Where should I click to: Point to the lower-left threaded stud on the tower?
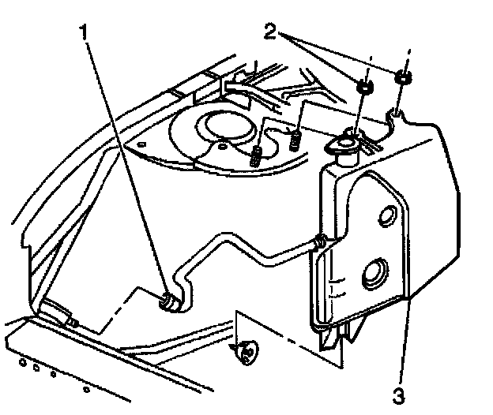[x=257, y=155]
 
